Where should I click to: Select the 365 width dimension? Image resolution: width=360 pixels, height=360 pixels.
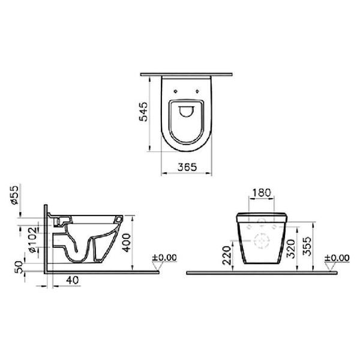pos(187,167)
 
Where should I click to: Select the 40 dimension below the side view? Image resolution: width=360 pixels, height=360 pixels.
pos(71,279)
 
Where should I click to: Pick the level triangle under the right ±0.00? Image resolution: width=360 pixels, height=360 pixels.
pos(331,266)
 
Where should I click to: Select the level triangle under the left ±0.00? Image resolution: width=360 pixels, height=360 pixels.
pos(159,266)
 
